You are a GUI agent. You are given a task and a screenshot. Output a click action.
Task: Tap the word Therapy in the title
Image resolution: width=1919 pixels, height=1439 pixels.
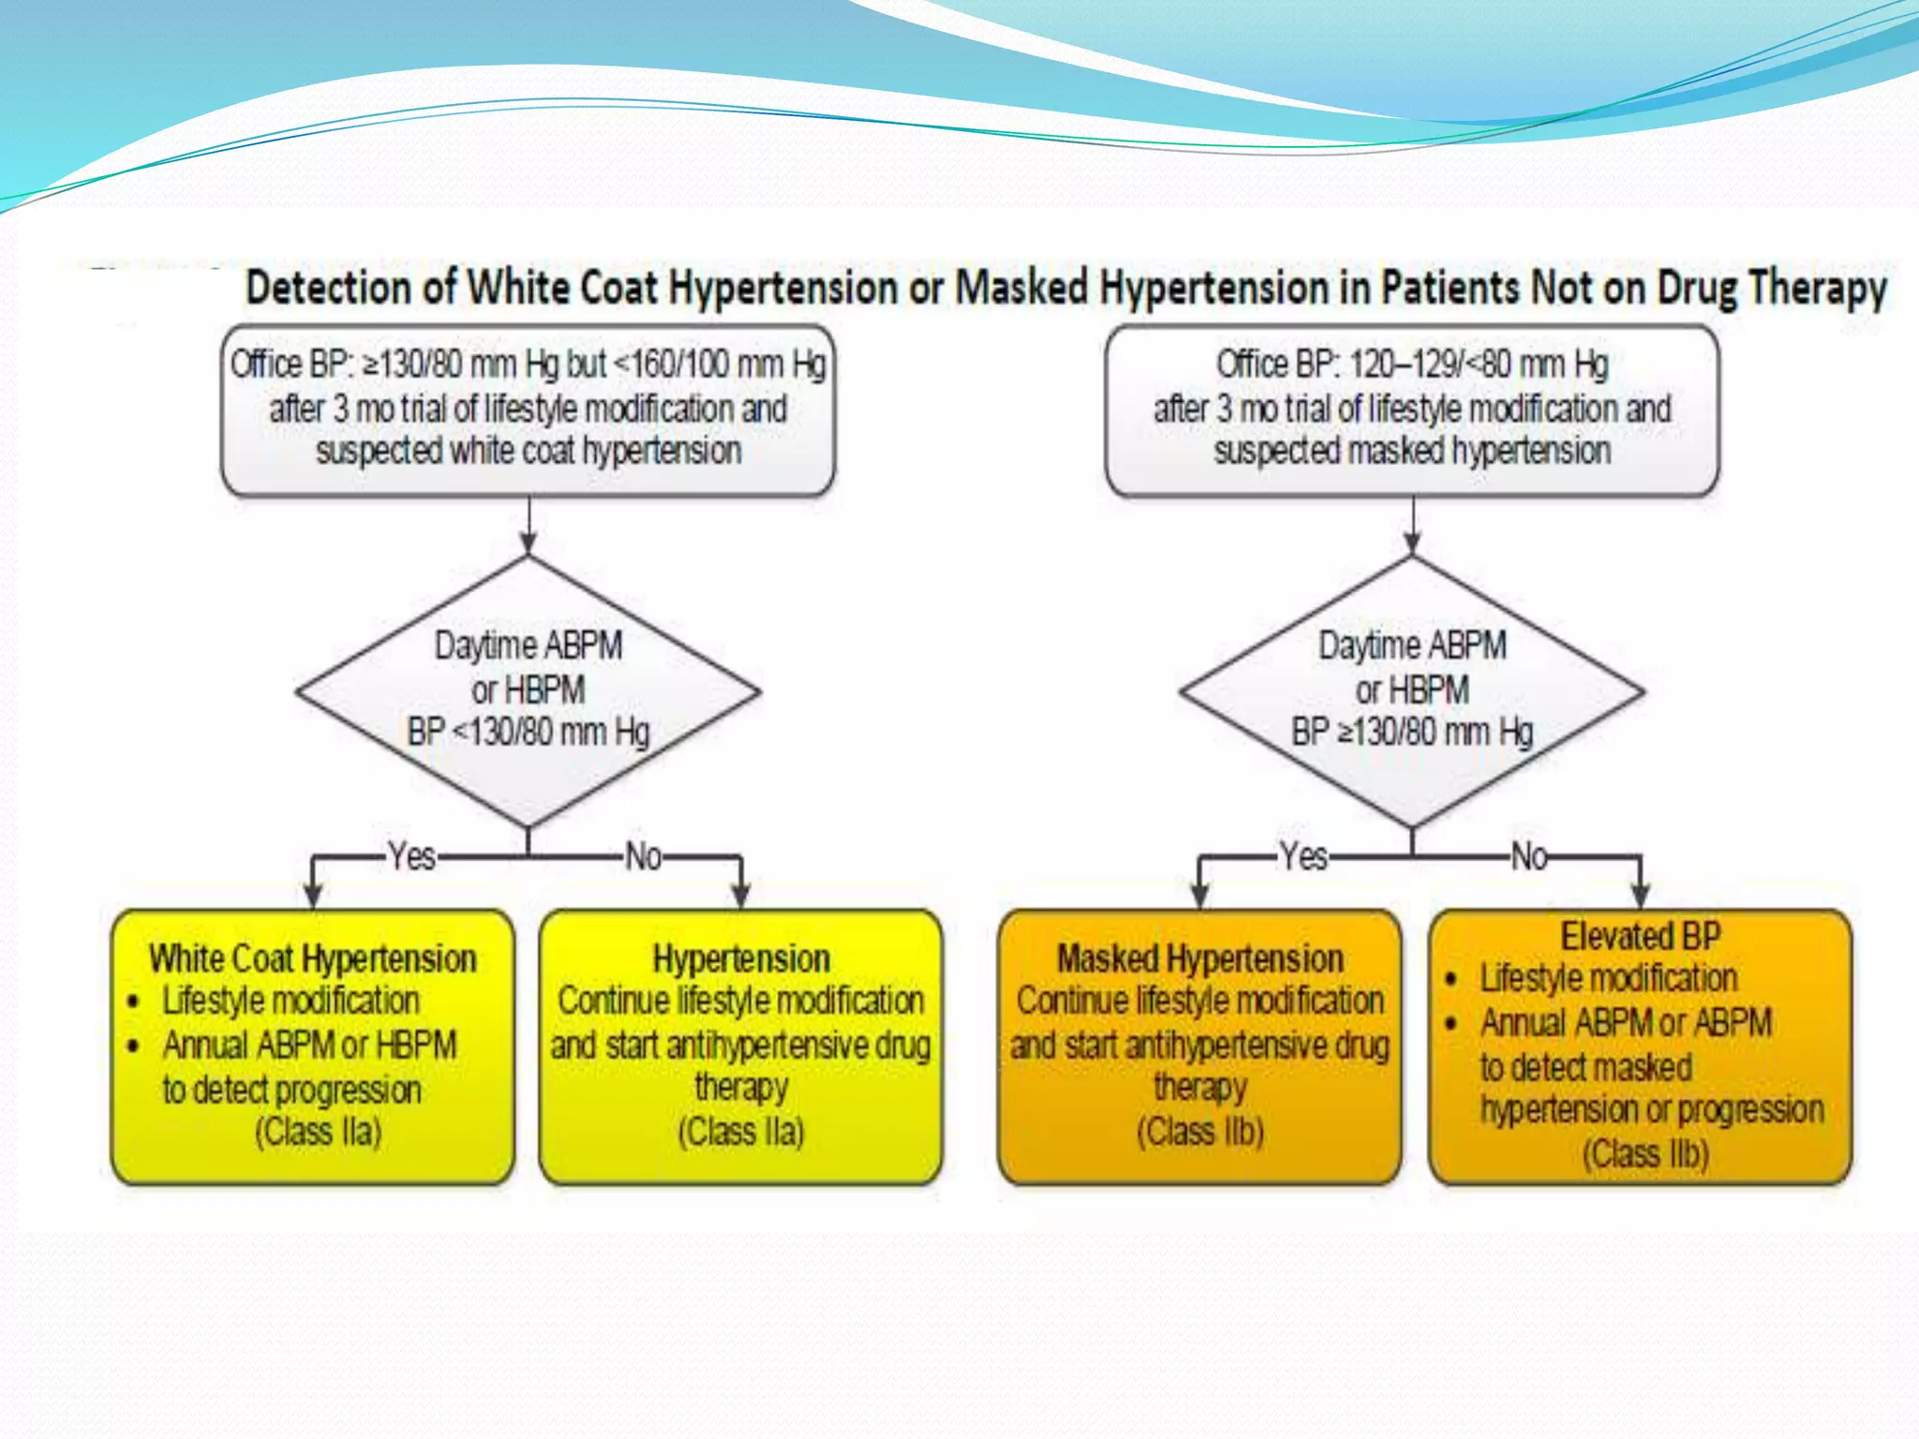click(x=1818, y=288)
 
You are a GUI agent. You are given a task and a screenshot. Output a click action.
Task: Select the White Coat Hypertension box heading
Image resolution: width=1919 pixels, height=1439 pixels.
click(x=312, y=958)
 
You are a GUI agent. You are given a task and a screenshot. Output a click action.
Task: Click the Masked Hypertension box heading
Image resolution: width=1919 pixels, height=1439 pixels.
click(x=1199, y=958)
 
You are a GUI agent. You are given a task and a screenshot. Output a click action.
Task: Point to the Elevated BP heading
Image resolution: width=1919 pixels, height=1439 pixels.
click(x=1640, y=936)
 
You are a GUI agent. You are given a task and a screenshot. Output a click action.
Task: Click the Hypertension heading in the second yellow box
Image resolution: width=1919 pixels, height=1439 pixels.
click(x=741, y=958)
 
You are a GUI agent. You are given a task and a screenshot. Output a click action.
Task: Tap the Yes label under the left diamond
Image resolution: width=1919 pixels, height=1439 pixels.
click(x=411, y=856)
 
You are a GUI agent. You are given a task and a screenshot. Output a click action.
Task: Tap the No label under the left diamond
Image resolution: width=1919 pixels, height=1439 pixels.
click(x=644, y=856)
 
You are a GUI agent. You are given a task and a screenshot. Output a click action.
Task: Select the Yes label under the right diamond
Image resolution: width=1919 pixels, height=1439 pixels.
click(x=1303, y=856)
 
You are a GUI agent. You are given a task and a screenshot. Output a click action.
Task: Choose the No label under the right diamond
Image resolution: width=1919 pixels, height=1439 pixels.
click(x=1529, y=856)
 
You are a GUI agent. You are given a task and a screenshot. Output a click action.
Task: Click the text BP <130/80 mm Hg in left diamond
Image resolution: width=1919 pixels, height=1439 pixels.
click(x=528, y=732)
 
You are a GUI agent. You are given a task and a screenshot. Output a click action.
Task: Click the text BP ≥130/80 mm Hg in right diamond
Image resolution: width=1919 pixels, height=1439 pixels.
click(x=1411, y=732)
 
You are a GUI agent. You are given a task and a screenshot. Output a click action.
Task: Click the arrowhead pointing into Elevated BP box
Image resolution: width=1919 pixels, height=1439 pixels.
click(x=1640, y=895)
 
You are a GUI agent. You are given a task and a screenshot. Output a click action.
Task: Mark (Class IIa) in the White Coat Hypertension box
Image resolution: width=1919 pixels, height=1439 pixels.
click(x=318, y=1132)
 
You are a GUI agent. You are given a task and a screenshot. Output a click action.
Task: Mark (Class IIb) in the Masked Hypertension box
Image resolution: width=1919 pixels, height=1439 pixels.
click(x=1199, y=1132)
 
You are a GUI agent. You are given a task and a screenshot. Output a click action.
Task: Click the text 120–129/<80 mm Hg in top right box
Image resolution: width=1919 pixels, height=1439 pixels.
click(x=1479, y=364)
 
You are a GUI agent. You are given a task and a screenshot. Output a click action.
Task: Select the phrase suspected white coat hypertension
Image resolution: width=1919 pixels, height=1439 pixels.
click(x=528, y=451)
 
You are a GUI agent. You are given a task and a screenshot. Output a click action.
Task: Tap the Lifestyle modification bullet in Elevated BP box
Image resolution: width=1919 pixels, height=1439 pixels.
click(x=1608, y=978)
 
